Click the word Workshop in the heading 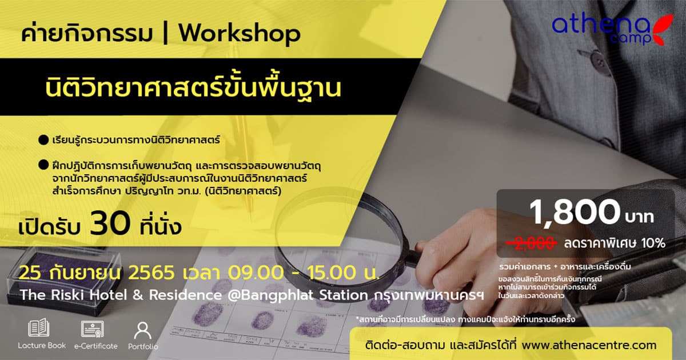pos(240,33)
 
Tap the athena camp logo pos(612,29)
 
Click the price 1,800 pos(575,212)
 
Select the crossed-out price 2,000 pos(531,243)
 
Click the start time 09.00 pos(256,273)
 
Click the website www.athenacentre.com pos(589,345)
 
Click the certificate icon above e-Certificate pos(93,329)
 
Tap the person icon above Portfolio pos(143,330)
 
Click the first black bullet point pos(43,140)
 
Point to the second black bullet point pos(43,165)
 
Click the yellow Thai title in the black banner pos(193,88)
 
